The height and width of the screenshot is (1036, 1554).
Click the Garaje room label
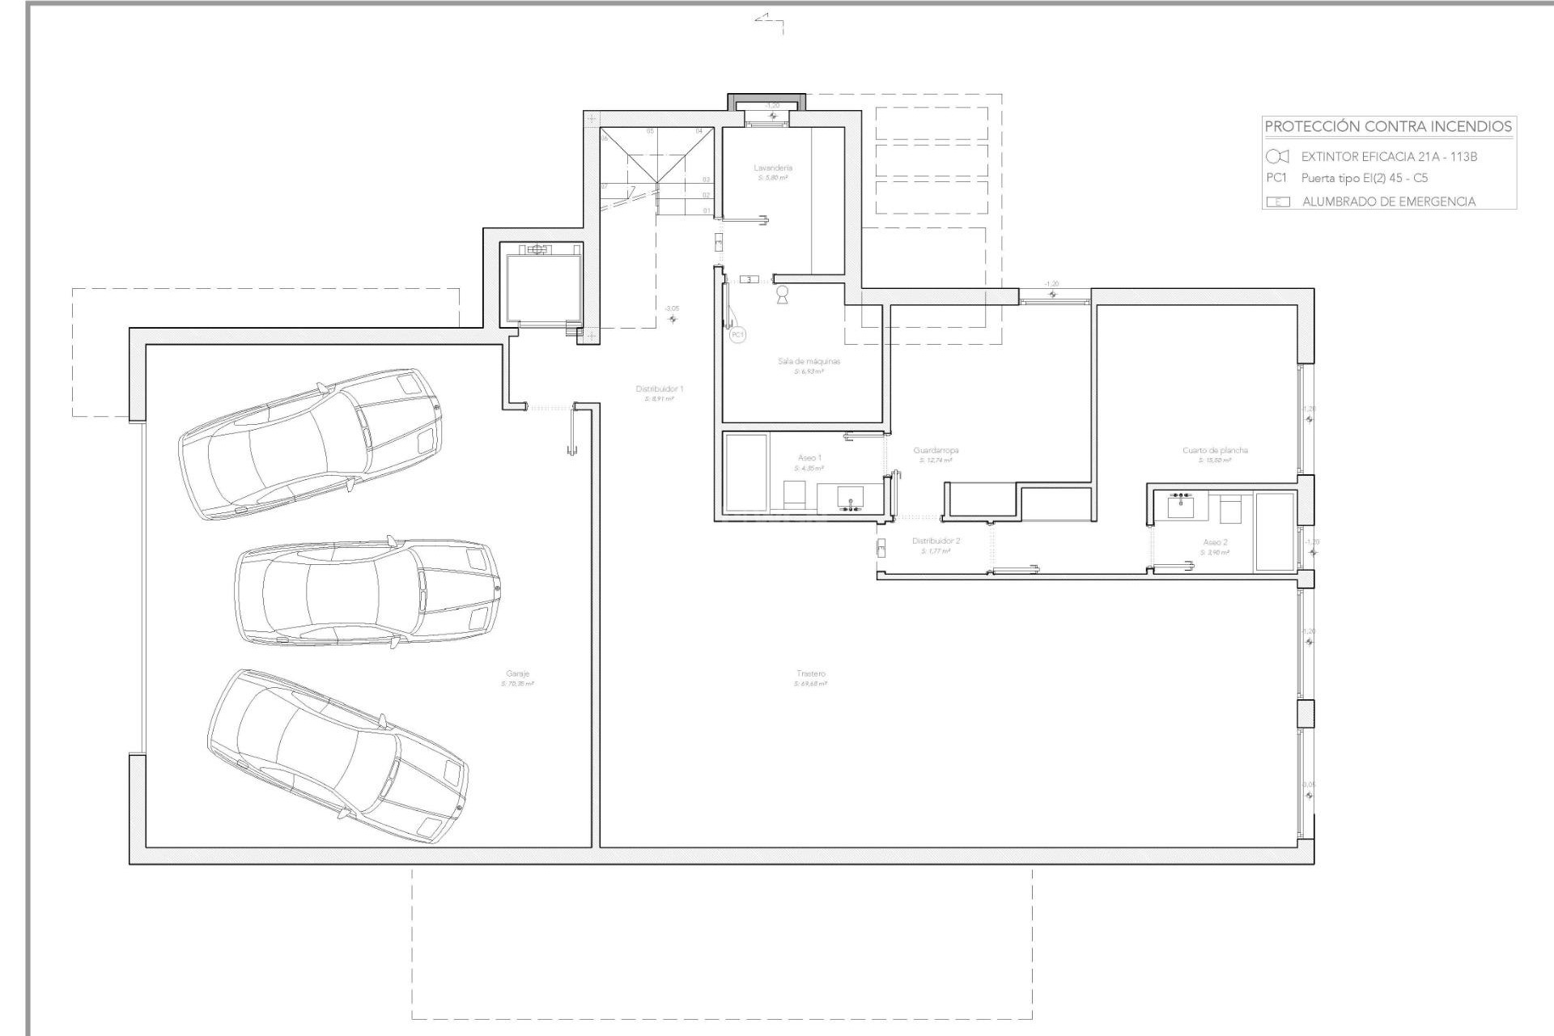pos(517,673)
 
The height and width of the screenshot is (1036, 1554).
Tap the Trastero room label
pos(810,673)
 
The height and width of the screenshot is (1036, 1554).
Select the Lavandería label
pos(772,168)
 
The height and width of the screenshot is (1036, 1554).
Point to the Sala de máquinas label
pos(809,361)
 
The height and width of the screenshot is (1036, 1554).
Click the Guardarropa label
pos(936,450)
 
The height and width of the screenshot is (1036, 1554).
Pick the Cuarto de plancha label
pos(1215,450)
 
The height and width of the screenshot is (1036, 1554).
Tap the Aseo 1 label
pos(809,458)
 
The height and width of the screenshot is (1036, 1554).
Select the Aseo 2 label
pos(1215,542)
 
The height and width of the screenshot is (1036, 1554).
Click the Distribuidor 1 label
pos(660,389)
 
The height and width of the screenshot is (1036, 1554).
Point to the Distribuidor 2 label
pos(936,541)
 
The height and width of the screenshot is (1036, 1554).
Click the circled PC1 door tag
pos(737,334)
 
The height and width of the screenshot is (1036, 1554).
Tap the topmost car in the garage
pos(311,444)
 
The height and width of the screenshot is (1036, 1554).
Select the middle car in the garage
pos(367,593)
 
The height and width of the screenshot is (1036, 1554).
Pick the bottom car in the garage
pos(338,756)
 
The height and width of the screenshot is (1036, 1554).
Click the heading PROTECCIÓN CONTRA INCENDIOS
pos(1388,126)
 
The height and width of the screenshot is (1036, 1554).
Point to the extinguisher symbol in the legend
pos(1277,156)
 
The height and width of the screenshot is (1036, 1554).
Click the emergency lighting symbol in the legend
pos(1278,202)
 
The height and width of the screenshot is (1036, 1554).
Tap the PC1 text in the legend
pos(1276,178)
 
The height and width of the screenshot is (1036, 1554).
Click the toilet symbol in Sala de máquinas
pos(782,295)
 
